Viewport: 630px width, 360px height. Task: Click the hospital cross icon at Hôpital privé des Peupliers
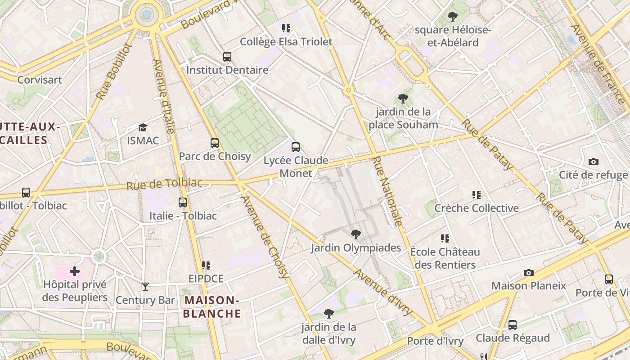75,271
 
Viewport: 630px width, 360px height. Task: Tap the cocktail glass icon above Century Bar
145,286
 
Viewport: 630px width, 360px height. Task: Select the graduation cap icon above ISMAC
143,127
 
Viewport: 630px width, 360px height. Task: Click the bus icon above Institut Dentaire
227,57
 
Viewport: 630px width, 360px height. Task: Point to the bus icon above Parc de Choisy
215,143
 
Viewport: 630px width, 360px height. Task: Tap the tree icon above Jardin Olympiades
355,234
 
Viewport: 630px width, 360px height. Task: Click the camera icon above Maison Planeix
529,273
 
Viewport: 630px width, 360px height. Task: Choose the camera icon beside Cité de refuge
594,162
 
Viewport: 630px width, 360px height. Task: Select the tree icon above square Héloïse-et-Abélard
453,17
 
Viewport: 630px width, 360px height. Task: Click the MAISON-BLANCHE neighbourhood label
211,307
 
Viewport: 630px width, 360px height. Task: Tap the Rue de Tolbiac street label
164,184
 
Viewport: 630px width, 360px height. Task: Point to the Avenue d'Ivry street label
382,292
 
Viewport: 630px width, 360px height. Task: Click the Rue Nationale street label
387,191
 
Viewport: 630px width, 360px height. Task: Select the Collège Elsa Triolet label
286,42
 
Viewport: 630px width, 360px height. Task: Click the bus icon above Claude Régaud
513,324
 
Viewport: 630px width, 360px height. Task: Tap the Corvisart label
40,80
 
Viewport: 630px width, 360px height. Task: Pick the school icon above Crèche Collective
477,195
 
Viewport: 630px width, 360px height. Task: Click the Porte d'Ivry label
435,341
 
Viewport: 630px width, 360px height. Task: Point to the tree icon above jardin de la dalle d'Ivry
329,313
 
